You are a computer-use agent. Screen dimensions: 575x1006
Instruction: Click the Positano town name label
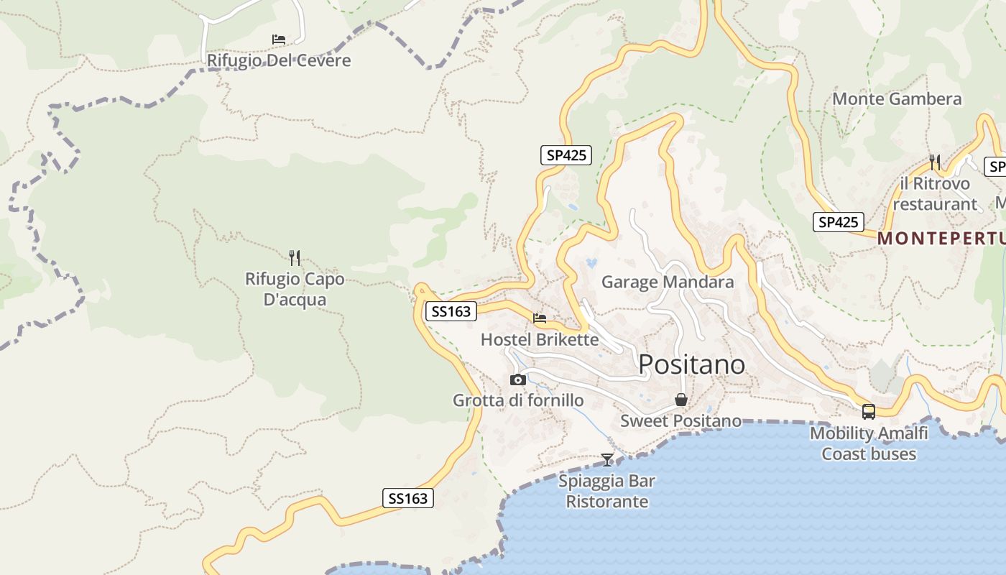[x=691, y=364]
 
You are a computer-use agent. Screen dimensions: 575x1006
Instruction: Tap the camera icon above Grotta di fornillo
[x=517, y=379]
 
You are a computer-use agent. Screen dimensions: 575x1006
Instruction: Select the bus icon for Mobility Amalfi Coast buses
[x=869, y=412]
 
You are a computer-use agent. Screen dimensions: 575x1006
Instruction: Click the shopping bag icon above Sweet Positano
[x=680, y=400]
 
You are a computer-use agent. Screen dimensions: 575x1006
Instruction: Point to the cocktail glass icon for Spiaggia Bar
[x=607, y=460]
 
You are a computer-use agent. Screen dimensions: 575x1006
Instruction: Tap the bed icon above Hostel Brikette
[x=540, y=318]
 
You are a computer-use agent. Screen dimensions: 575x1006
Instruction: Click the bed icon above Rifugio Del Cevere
[x=279, y=39]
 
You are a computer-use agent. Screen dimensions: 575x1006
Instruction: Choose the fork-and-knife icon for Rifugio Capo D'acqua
[x=294, y=257]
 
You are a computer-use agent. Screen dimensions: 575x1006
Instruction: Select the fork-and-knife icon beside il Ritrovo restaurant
[x=935, y=162]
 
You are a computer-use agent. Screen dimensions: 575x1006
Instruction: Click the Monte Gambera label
[x=897, y=99]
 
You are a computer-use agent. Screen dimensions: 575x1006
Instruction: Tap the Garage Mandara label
[x=668, y=282]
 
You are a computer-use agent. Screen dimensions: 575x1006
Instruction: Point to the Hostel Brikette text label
[x=539, y=339]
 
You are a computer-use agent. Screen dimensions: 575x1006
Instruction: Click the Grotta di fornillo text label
[x=518, y=400]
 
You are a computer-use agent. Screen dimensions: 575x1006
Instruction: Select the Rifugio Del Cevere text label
[x=279, y=60]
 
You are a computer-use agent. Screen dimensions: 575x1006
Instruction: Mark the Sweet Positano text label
[x=680, y=420]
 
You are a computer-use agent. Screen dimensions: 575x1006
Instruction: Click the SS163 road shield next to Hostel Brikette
[x=451, y=311]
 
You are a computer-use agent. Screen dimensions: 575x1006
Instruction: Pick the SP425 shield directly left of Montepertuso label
[x=839, y=222]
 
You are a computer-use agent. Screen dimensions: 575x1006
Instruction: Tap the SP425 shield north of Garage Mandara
[x=566, y=155]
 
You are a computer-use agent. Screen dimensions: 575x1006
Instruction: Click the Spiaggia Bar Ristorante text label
[x=607, y=491]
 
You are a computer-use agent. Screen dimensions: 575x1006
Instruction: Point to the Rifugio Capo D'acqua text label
[x=295, y=289]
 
